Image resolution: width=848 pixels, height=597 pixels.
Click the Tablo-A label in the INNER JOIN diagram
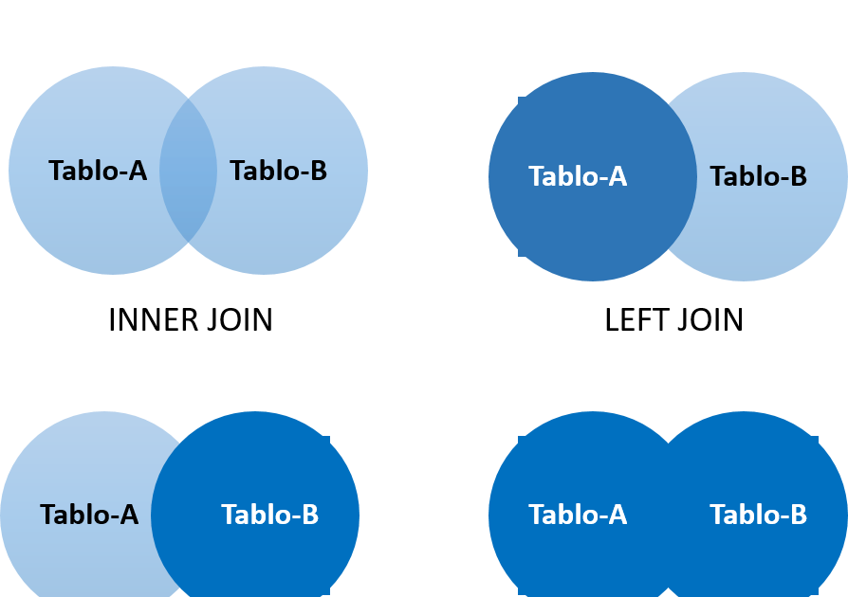point(98,172)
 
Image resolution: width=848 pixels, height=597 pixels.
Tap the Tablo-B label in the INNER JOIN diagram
point(278,172)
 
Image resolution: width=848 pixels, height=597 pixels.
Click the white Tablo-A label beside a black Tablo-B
point(578,177)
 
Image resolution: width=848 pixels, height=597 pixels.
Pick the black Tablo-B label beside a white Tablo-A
point(758,177)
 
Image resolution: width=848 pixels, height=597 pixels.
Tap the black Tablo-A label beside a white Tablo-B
point(89,516)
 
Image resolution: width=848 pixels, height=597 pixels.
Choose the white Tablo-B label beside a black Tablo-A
point(269,516)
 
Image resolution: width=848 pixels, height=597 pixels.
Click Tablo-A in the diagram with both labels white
point(578,516)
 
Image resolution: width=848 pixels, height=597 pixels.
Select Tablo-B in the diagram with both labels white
point(758,516)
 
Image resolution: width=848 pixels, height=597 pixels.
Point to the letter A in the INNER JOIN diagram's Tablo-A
point(138,172)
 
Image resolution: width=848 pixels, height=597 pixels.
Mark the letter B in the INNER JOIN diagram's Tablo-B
point(318,172)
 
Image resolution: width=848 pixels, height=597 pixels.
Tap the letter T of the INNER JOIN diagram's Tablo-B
point(237,172)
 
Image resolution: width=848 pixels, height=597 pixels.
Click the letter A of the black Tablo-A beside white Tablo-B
point(129,516)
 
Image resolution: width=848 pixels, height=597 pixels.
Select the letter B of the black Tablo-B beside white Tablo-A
point(798,177)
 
